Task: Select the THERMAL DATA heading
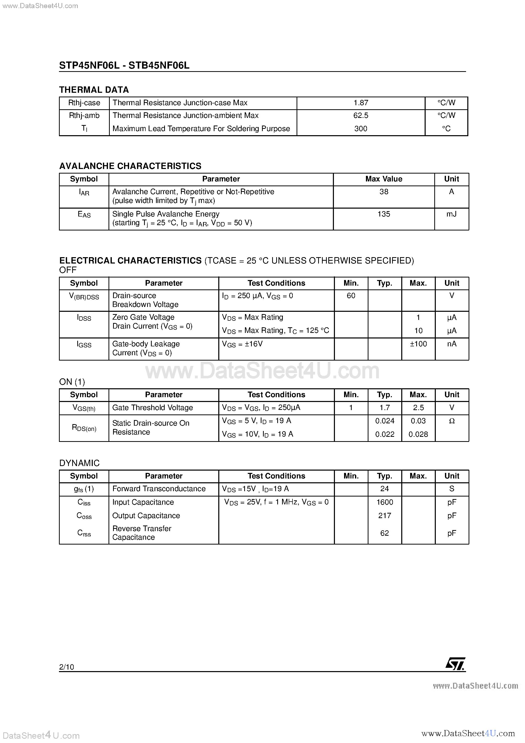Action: pos(94,90)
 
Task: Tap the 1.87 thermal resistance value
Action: pos(361,103)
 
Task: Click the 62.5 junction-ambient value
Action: pos(361,116)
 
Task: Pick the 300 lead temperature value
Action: pos(361,129)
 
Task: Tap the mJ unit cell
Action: pos(451,214)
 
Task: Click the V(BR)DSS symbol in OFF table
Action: pos(84,296)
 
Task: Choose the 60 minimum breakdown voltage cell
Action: pos(351,296)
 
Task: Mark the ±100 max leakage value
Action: pos(418,344)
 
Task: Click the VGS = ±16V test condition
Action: pos(242,344)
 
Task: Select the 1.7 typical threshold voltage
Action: pos(384,408)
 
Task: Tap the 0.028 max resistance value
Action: pos(418,434)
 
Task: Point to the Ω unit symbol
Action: pos(452,421)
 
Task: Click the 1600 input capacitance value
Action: pos(384,502)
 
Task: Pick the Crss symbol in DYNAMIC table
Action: pos(84,533)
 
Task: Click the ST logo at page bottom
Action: pos(455,664)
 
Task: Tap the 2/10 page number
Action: pos(66,667)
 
